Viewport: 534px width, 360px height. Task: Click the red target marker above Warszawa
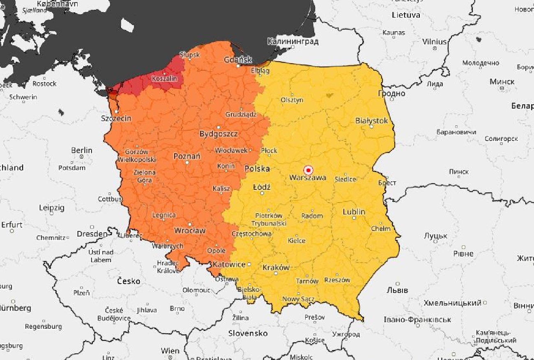(308, 170)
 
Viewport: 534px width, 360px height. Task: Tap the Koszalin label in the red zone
(164, 78)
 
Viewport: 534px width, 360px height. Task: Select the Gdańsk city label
(238, 60)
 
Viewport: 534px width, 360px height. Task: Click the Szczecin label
(116, 118)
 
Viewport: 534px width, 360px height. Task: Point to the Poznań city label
(187, 156)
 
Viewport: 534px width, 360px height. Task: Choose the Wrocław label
(190, 231)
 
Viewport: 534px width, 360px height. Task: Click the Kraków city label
(276, 268)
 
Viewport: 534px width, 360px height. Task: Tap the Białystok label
(371, 121)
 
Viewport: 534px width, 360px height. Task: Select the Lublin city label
(354, 212)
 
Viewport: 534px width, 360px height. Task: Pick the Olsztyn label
(292, 100)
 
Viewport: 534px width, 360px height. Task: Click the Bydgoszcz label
(218, 134)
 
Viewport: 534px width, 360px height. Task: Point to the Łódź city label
(262, 187)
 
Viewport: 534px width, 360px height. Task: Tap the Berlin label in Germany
(82, 150)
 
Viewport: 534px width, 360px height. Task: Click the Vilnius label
(434, 42)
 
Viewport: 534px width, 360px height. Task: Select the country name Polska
(257, 168)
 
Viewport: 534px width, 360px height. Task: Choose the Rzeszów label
(337, 280)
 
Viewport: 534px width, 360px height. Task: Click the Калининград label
(292, 42)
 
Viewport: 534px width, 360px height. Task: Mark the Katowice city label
(229, 264)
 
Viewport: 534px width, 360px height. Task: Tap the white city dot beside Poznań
(187, 163)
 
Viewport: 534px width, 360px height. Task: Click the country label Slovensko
(248, 333)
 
